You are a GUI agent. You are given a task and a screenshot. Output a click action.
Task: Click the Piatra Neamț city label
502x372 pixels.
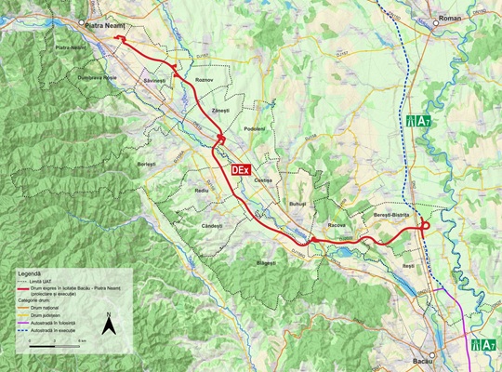click(x=104, y=28)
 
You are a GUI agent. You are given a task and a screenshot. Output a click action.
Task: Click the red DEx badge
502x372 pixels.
click(x=240, y=168)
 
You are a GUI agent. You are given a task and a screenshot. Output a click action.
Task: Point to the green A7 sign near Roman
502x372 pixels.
click(x=417, y=122)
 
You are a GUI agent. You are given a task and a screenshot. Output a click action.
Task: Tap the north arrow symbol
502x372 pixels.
click(x=109, y=325)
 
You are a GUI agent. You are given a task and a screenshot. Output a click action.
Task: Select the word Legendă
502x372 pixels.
click(x=28, y=276)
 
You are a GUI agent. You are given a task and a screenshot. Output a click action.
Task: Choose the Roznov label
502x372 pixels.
click(x=205, y=81)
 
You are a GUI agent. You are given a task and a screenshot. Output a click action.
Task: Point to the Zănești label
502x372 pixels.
click(x=220, y=111)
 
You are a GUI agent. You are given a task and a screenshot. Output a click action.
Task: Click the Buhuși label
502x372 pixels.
click(x=297, y=202)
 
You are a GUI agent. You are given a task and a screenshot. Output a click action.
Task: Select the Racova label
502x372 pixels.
click(x=337, y=225)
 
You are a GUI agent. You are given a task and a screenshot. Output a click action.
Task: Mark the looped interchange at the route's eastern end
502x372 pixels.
click(x=422, y=225)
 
